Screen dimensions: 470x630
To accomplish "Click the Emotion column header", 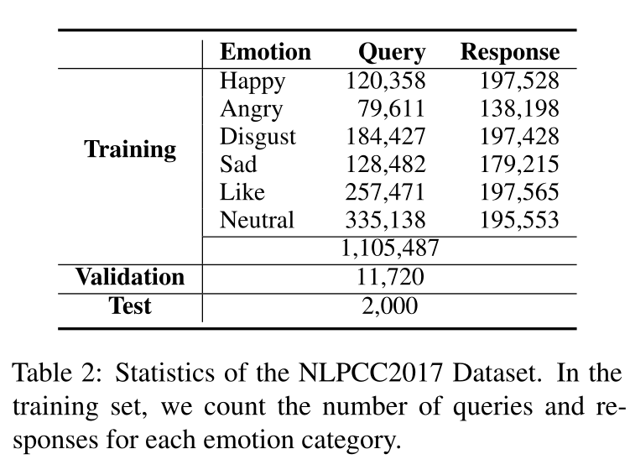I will pyautogui.click(x=265, y=53).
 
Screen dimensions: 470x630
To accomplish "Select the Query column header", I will pyautogui.click(x=392, y=53).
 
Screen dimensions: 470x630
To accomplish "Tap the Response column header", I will pyautogui.click(x=510, y=53).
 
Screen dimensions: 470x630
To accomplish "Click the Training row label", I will pyautogui.click(x=130, y=150).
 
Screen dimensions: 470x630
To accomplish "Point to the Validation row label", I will pyautogui.click(x=130, y=277).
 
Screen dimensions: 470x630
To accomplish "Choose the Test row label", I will pyautogui.click(x=130, y=306).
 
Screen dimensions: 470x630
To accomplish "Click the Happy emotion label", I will pyautogui.click(x=252, y=81).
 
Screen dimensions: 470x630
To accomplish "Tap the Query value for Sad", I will pyautogui.click(x=385, y=164).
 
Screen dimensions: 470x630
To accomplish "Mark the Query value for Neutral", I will pyautogui.click(x=385, y=220).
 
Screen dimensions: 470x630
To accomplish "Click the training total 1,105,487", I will pyautogui.click(x=390, y=248).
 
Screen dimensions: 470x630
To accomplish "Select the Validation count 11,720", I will pyautogui.click(x=390, y=277).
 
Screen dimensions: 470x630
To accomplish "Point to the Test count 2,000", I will pyautogui.click(x=390, y=306).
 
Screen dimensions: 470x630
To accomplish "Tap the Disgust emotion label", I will pyautogui.click(x=258, y=137).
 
